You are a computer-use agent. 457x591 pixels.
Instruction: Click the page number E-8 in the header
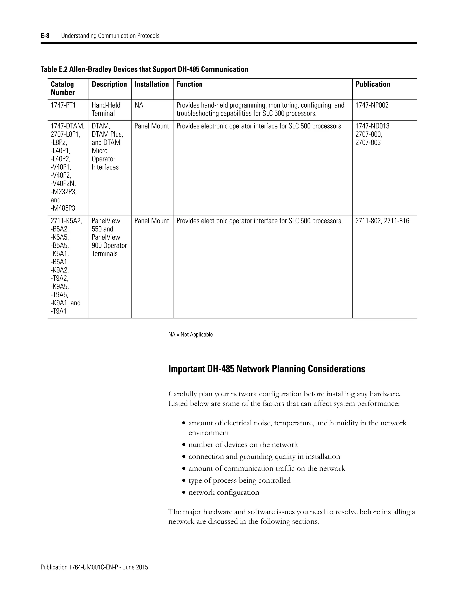coord(45,36)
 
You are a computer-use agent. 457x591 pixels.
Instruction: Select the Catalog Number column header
coord(62,88)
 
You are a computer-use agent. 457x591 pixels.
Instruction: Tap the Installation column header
coord(152,85)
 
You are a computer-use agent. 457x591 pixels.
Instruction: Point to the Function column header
coord(189,85)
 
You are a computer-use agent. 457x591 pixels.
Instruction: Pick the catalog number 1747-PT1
coord(63,105)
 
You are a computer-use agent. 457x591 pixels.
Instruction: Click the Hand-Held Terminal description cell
coord(106,109)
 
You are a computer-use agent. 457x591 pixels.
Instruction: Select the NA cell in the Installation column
coord(139,105)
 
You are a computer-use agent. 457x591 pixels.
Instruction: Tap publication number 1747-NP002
coord(372,105)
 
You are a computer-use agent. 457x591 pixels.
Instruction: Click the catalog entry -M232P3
coord(64,192)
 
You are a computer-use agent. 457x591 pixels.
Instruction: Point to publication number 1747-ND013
coord(372,126)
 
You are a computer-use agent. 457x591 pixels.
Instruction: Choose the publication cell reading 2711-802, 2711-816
coord(382,221)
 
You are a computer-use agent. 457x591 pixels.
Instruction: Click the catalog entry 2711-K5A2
coord(66,221)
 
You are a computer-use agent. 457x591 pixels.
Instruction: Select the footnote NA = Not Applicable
coord(191,335)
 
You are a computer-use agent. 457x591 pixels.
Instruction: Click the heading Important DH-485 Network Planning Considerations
coord(267,369)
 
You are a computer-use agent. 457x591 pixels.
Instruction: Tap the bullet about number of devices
coord(243,445)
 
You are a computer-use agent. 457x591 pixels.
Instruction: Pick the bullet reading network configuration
coord(224,492)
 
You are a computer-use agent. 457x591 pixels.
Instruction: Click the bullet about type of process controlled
coord(239,480)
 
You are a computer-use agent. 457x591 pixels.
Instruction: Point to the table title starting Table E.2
coord(144,70)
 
